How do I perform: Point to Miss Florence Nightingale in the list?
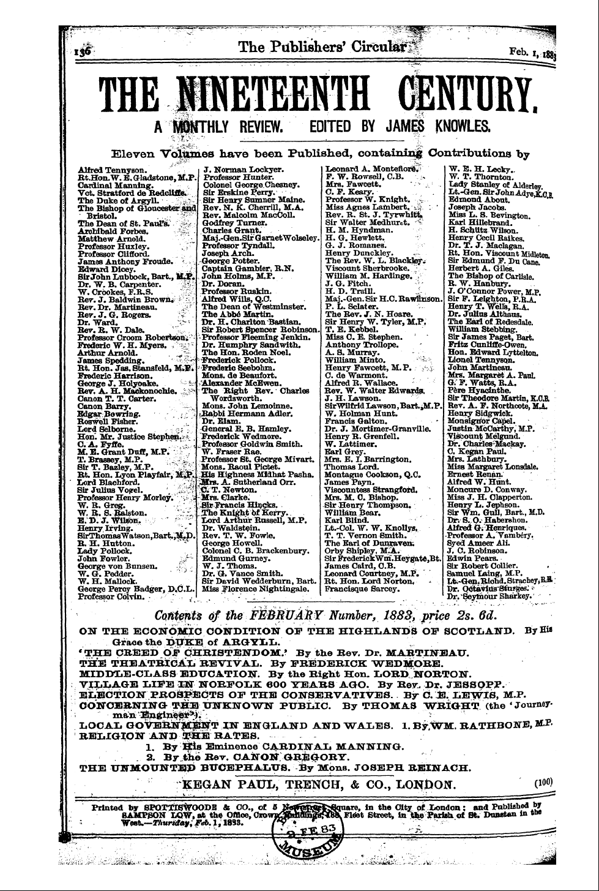click(255, 588)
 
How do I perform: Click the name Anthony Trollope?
click(357, 345)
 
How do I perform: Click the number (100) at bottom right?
click(543, 783)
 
